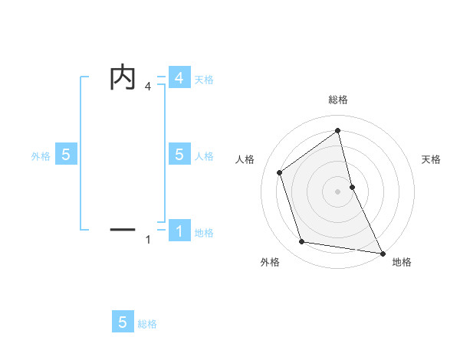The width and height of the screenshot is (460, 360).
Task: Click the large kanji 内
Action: [123, 77]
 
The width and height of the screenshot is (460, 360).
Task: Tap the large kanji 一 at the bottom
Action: [123, 228]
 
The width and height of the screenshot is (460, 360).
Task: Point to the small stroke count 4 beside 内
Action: [148, 87]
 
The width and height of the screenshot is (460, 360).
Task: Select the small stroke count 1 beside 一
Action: [148, 240]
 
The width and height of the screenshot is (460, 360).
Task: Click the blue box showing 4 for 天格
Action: [179, 78]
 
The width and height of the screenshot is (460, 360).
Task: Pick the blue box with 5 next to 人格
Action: [179, 155]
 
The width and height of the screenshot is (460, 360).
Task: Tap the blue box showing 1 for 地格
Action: [179, 231]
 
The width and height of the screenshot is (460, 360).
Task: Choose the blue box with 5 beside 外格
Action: [66, 155]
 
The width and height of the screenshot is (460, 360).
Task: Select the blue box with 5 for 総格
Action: [123, 322]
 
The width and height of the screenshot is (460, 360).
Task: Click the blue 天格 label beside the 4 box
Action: [204, 79]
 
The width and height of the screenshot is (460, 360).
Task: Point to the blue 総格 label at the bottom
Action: [147, 324]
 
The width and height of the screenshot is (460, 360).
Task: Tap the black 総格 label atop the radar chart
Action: [337, 100]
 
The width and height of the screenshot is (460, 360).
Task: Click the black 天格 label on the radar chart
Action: [431, 159]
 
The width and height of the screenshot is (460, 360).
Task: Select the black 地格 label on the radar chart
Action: [402, 262]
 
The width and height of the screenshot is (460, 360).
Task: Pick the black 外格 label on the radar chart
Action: [270, 262]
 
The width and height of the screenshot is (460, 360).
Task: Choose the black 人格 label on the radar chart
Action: [245, 159]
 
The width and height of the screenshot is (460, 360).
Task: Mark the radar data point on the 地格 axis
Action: [382, 252]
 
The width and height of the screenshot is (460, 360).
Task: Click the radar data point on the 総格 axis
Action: [337, 131]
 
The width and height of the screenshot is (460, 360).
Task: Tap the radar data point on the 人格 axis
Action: [280, 172]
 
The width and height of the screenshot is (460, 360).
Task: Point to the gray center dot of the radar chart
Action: [337, 191]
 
